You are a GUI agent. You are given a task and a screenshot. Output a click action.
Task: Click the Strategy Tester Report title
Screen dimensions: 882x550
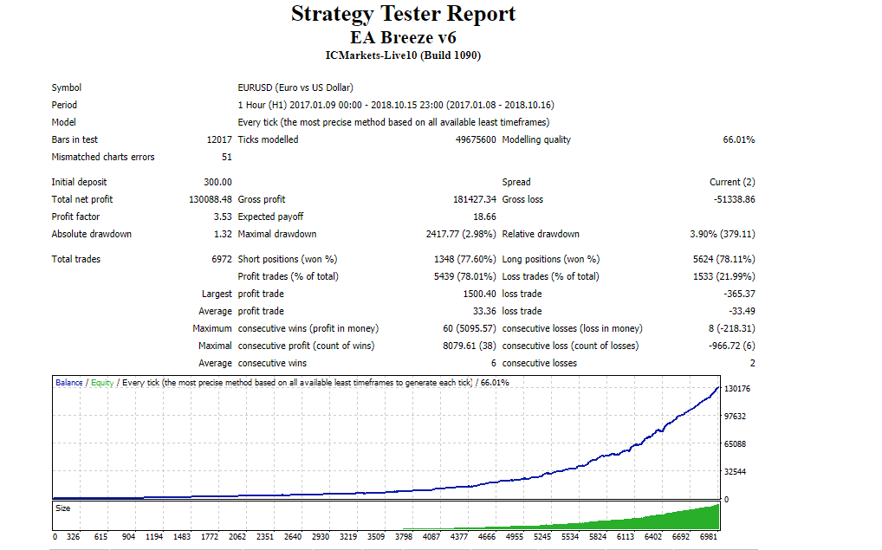[x=403, y=14]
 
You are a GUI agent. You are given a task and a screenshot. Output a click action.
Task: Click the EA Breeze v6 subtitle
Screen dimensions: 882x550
[x=403, y=38]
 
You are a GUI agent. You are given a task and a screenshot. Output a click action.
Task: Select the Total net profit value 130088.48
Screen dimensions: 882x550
[x=211, y=199]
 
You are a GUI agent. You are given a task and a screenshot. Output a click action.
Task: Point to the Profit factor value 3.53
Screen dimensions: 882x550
[x=223, y=217]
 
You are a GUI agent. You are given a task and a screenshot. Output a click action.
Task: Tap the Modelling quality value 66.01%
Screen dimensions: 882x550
[x=738, y=139]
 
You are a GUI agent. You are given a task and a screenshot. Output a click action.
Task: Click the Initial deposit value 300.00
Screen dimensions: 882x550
[x=217, y=182]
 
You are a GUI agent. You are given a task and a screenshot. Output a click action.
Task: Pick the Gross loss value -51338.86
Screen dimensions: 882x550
[x=734, y=199]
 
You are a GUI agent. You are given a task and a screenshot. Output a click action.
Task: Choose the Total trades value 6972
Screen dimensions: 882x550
[x=222, y=259]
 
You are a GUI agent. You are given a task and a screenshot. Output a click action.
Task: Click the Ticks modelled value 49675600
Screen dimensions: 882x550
[x=476, y=139]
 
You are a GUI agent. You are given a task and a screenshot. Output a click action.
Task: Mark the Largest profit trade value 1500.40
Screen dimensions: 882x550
[x=479, y=294]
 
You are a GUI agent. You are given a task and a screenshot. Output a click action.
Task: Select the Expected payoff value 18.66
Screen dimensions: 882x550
[x=484, y=217]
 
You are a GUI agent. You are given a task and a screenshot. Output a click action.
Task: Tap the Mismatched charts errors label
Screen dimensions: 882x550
[x=103, y=157]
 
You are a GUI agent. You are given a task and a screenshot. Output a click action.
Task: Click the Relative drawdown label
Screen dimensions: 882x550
[x=541, y=234]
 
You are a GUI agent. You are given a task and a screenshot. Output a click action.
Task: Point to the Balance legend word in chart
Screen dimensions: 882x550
[x=69, y=383]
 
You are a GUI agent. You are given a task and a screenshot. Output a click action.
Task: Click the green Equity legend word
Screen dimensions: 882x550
[x=102, y=383]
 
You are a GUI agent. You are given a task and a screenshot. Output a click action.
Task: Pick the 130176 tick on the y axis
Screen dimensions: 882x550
[x=736, y=389]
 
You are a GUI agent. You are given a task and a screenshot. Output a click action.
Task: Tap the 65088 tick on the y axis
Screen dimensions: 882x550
[x=735, y=443]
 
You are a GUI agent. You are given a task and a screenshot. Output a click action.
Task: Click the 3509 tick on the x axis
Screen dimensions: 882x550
[x=376, y=536]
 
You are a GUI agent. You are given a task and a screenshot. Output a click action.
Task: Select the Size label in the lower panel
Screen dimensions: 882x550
[x=63, y=508]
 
